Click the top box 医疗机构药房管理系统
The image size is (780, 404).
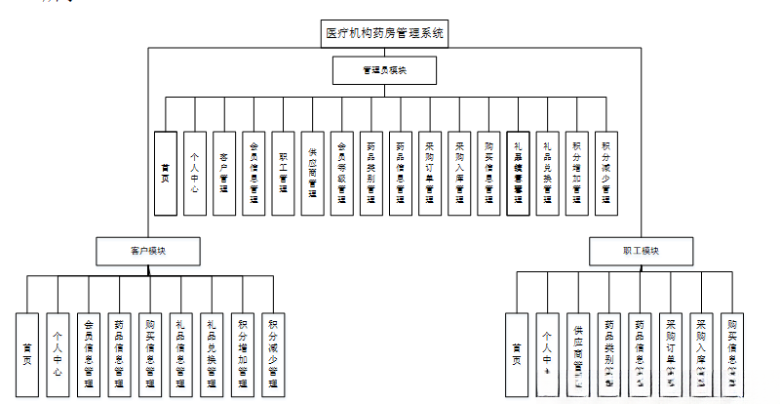point(385,33)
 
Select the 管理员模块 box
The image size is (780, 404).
point(385,71)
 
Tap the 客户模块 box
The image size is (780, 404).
point(148,251)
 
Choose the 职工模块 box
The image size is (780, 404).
point(641,251)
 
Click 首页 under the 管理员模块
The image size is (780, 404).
point(166,173)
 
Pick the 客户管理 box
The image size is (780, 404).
point(224,173)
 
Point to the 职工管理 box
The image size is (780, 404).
point(283,173)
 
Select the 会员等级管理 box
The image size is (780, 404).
point(341,173)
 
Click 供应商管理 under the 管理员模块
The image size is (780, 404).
point(312,173)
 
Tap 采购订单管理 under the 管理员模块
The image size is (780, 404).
point(430,173)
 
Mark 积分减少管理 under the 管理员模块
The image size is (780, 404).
point(606,173)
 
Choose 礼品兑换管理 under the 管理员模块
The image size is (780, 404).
point(548,173)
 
